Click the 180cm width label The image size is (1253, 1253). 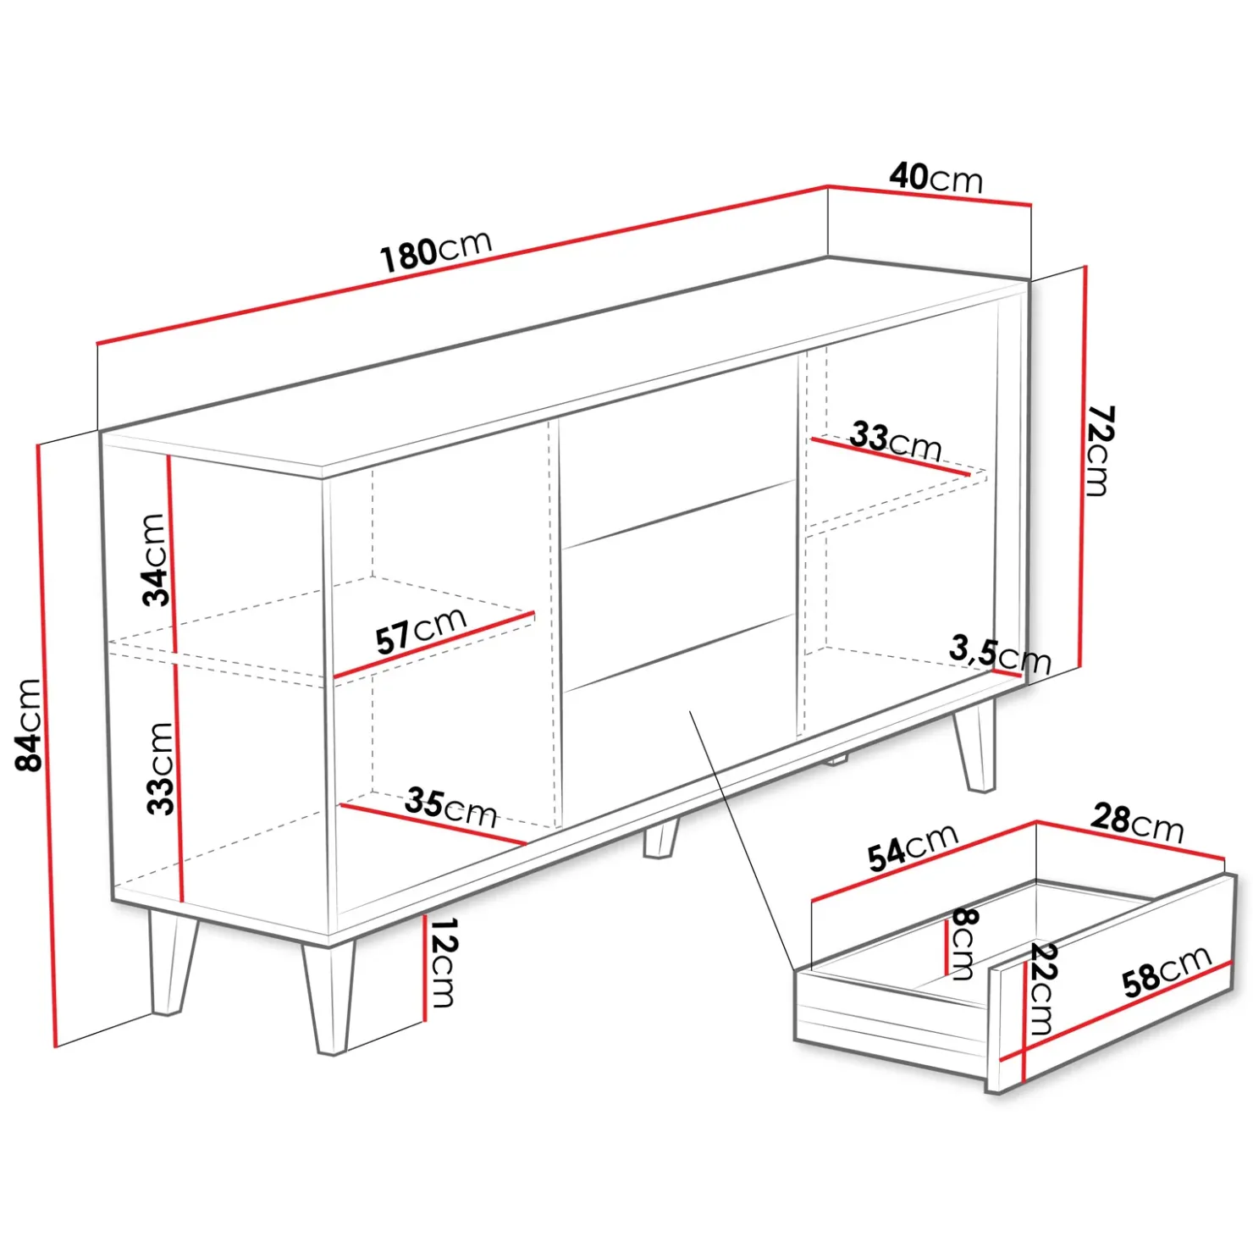(436, 250)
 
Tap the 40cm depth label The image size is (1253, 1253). (936, 178)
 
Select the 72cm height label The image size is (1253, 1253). (1100, 450)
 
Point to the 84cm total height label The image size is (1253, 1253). (29, 725)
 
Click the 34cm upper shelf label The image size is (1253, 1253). (154, 560)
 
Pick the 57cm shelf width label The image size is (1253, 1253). (421, 631)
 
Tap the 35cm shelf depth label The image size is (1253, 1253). (450, 808)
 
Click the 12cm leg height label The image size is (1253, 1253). (442, 963)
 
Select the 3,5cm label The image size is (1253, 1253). (1000, 654)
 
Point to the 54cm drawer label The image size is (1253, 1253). (913, 847)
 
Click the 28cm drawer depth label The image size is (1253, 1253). (1137, 823)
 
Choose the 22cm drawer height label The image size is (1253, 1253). (1041, 989)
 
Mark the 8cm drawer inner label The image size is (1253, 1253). (963, 943)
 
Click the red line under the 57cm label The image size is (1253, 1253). (434, 645)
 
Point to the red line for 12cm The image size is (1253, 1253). (422, 968)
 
